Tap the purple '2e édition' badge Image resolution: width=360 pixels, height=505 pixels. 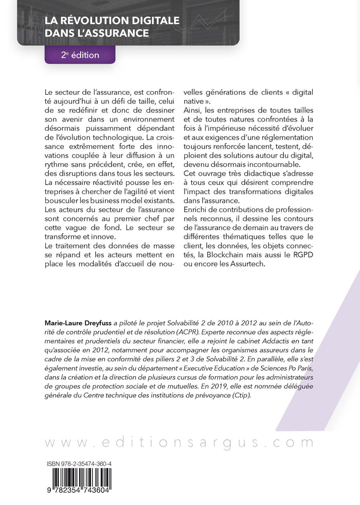pyautogui.click(x=80, y=55)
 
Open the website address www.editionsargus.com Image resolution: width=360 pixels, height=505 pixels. pyautogui.click(x=180, y=443)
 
